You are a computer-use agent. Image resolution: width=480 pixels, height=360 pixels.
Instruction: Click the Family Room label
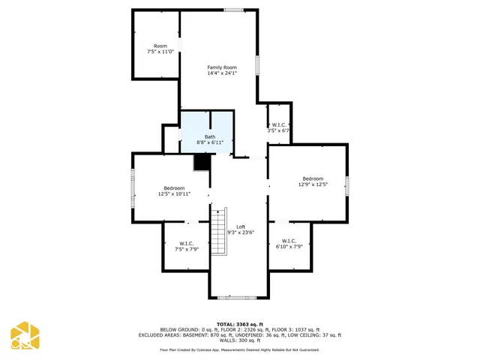coord(222,67)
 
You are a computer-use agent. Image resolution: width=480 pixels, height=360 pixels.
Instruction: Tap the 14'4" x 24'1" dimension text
coord(222,73)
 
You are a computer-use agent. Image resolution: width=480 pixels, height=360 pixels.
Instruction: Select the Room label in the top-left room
coord(160,46)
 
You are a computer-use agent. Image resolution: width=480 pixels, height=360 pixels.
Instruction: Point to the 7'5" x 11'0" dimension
coord(160,52)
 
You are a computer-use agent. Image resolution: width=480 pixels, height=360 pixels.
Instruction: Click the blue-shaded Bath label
coord(210,136)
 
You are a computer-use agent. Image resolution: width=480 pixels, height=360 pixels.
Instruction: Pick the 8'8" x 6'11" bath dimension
coord(210,142)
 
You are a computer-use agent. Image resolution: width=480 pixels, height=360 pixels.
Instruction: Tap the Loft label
coord(241,226)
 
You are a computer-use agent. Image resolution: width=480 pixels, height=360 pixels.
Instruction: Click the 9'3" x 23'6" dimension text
coord(241,232)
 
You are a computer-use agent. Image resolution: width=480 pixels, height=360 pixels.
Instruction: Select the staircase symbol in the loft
coord(219,231)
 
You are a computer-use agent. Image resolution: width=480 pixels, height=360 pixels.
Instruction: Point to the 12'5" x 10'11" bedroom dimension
coord(174,193)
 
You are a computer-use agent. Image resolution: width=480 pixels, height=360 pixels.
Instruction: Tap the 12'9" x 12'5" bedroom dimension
coord(313,184)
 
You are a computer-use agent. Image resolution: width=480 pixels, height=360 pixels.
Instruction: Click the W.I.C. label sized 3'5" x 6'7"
coord(278,124)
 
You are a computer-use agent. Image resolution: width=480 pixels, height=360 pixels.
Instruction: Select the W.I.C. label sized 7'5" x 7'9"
coord(186,243)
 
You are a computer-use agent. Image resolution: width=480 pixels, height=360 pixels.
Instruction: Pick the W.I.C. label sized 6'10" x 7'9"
coord(289,241)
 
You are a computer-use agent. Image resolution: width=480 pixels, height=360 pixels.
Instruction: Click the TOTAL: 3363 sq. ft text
coord(240,325)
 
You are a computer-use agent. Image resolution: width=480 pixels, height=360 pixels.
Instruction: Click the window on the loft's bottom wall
coord(237,298)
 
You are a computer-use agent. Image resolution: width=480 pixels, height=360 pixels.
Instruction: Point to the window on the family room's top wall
coord(233,10)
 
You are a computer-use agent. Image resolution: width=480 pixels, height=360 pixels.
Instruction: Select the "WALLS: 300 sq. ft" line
coord(240,340)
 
